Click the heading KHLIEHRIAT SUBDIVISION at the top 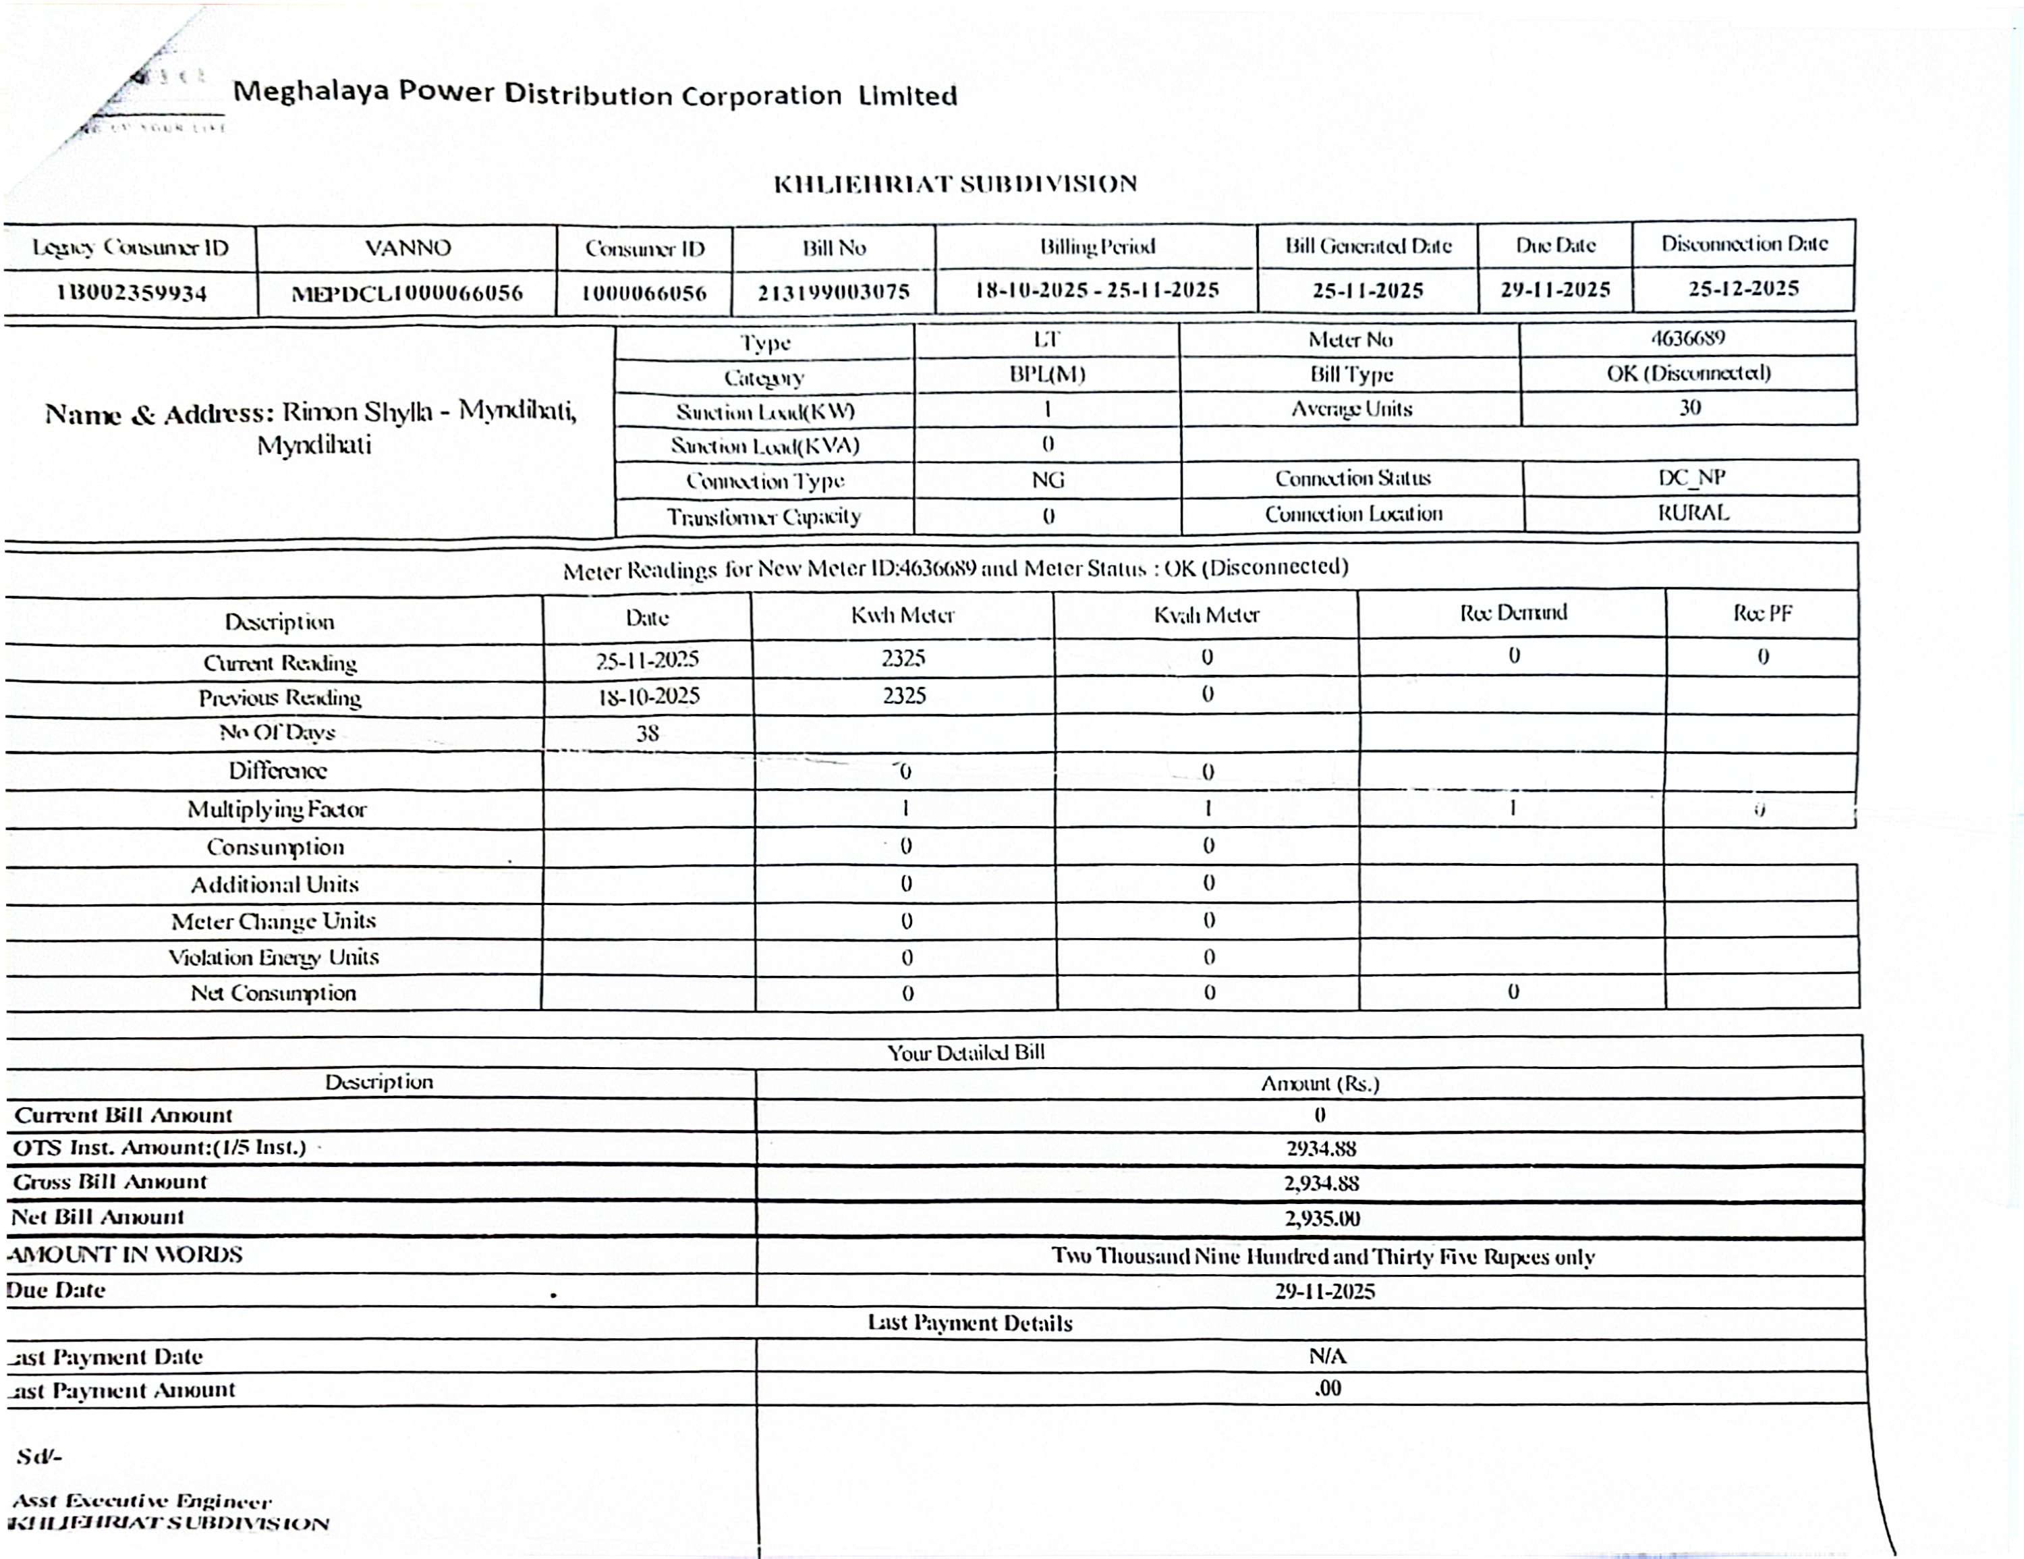[955, 184]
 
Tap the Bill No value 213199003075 [833, 293]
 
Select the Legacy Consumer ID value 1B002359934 [131, 294]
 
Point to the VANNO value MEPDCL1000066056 [407, 294]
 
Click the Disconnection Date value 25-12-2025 [1743, 288]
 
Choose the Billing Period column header [1096, 246]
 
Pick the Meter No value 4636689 [1687, 337]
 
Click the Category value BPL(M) [1047, 375]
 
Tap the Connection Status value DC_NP [1691, 477]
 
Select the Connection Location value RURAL [1692, 512]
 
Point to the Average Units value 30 [1689, 408]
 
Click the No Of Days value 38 [647, 733]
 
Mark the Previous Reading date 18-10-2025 [648, 696]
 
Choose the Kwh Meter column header [903, 616]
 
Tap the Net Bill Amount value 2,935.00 [1322, 1218]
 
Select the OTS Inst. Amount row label [159, 1147]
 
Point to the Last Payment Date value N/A [1327, 1356]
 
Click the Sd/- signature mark [39, 1456]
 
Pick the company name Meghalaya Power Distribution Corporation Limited [594, 94]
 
